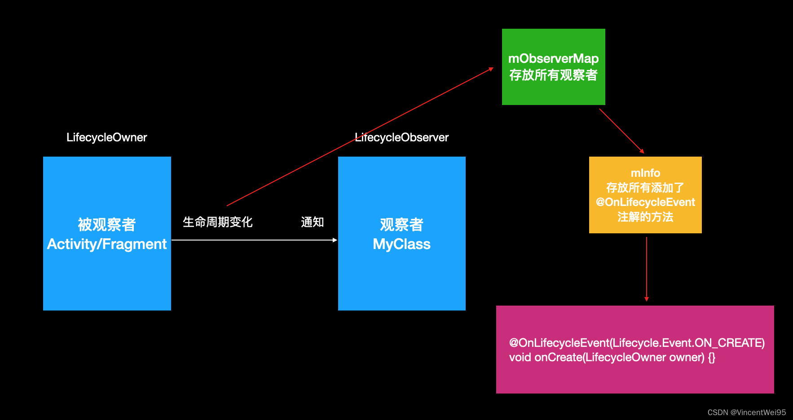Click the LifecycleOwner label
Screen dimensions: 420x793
106,137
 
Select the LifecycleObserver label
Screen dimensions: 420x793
401,137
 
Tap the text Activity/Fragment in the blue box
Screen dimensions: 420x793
107,244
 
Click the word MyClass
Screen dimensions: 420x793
401,244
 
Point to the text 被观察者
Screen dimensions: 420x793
107,224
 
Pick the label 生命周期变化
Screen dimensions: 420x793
217,222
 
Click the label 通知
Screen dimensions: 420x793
312,222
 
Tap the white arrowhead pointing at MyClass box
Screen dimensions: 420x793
335,240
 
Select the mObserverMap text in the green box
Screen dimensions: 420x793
553,58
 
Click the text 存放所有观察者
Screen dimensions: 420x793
553,75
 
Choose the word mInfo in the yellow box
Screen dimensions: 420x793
645,173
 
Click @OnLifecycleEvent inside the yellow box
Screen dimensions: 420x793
645,202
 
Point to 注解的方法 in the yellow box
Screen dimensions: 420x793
645,217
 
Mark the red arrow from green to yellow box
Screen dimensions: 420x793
621,131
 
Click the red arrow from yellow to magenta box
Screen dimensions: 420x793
647,269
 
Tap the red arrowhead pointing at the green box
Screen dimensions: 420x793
491,69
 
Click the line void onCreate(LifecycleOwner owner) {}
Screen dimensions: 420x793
612,358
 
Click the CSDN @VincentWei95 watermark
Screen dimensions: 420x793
746,412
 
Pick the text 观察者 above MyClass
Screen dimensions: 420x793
401,224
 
